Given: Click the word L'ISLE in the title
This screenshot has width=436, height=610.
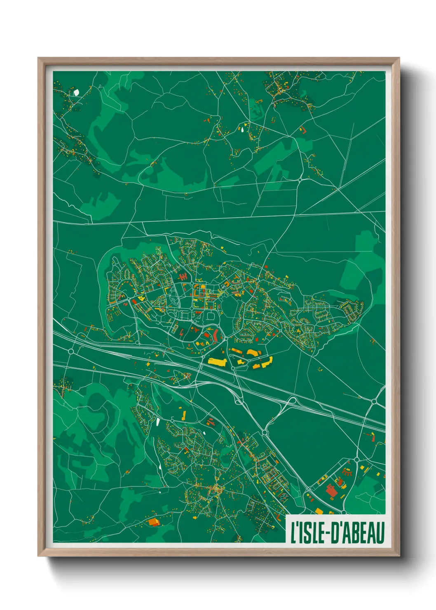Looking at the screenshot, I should point(307,532).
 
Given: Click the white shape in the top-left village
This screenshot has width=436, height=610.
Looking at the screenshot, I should point(76,92).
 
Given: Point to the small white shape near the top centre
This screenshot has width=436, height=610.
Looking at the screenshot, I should point(242,129).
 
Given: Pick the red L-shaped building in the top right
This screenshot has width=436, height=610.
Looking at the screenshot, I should point(303,130).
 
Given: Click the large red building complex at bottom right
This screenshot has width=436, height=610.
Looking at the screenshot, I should point(331,491).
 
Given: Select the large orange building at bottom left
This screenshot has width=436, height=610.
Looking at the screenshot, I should point(154,522).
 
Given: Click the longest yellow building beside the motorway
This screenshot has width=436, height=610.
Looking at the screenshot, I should point(218,361).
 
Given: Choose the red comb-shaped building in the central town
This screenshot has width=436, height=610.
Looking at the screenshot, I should point(183,276).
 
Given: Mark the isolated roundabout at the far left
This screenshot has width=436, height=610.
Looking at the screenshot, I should point(71,351).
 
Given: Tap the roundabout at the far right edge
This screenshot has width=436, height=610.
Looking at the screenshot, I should point(374,401).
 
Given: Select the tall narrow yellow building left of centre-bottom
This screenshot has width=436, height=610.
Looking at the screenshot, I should point(184,414).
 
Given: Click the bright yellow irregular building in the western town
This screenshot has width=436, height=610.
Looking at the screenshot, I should point(141,297).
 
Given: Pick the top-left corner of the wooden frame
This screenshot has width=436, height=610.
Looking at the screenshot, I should point(38,58).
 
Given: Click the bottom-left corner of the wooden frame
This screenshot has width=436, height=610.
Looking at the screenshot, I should point(38,556).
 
